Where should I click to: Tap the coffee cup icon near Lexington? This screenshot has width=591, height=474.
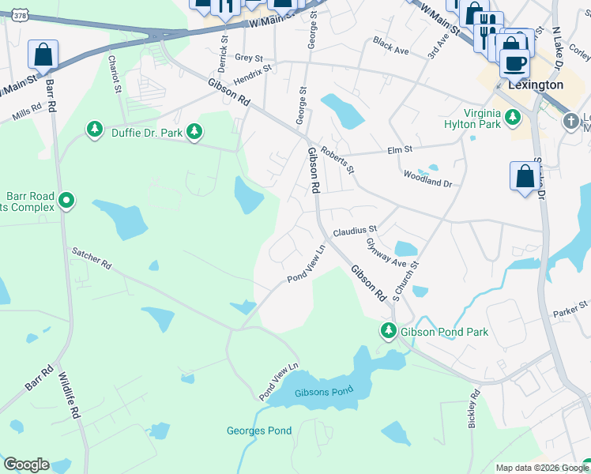pyautogui.click(x=514, y=62)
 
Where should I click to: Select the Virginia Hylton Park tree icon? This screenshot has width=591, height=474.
pyautogui.click(x=514, y=118)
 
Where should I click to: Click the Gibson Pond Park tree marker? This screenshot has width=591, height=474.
pyautogui.click(x=388, y=331)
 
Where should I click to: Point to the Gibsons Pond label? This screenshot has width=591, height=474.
pyautogui.click(x=322, y=393)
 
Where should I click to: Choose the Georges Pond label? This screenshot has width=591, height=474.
pyautogui.click(x=259, y=431)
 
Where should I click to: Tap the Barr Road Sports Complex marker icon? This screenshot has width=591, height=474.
pyautogui.click(x=67, y=201)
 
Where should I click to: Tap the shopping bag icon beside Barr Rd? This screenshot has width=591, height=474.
pyautogui.click(x=43, y=55)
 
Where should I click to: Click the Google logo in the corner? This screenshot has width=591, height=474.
pyautogui.click(x=26, y=465)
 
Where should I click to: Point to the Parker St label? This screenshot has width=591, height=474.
pyautogui.click(x=571, y=306)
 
